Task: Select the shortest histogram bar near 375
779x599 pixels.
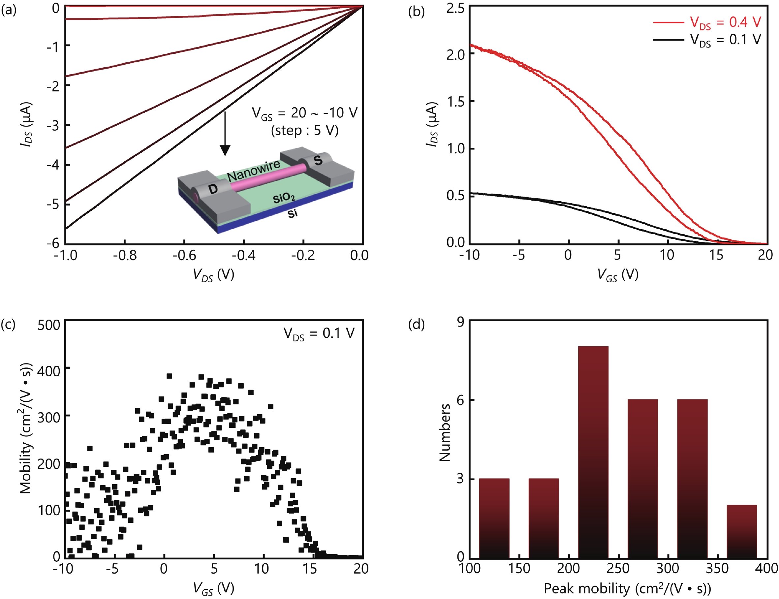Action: (x=741, y=531)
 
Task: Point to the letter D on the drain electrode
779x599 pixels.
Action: (x=213, y=189)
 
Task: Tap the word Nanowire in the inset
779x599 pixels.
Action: (x=254, y=171)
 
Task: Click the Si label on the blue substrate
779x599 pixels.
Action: (x=292, y=213)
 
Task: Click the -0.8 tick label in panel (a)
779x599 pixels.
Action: (x=124, y=255)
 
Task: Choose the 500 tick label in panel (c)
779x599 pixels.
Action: (x=49, y=325)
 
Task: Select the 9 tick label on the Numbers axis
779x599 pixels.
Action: (x=460, y=322)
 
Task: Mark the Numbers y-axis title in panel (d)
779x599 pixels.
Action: (x=445, y=432)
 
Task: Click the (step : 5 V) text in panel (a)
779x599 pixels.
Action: (x=304, y=131)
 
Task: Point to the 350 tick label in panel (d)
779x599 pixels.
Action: (x=717, y=568)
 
